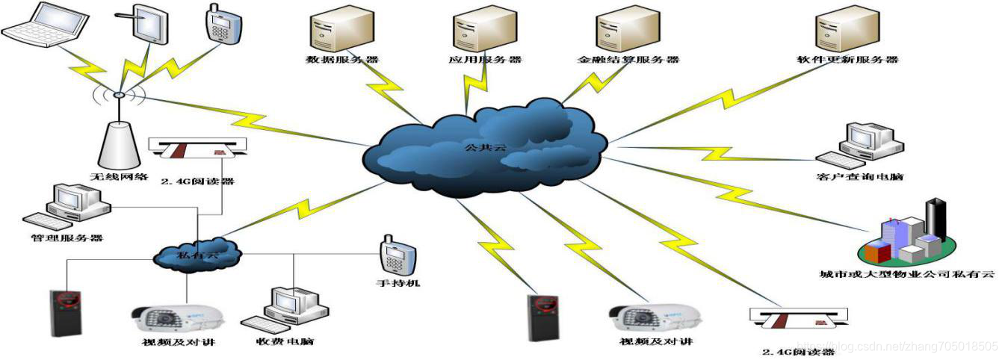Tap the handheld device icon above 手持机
coord(393,256)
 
